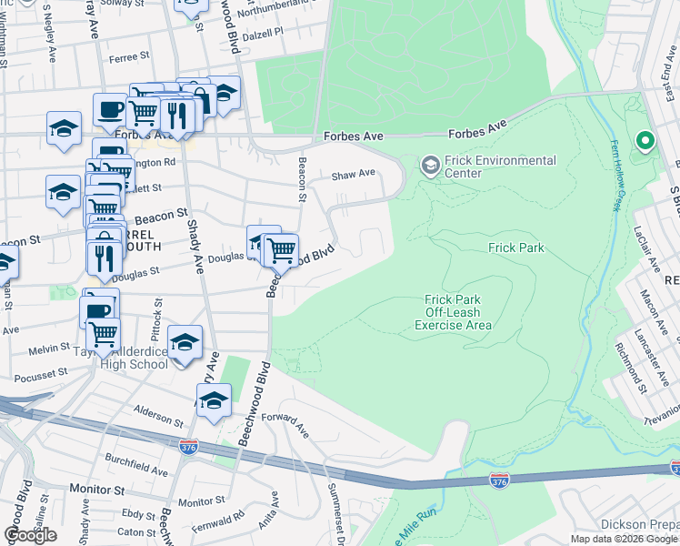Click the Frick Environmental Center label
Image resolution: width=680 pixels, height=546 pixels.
500,167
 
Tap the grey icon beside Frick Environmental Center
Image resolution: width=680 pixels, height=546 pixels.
429,167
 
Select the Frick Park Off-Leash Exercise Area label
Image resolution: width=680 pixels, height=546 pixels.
453,312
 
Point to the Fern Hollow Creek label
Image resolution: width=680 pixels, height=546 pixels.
606,176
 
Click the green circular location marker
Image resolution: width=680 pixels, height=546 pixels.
645,141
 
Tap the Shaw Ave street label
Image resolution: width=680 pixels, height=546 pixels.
353,174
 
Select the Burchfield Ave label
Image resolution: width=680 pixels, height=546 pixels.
135,465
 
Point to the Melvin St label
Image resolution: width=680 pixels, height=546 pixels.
51,348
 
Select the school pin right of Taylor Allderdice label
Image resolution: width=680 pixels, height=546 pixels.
185,343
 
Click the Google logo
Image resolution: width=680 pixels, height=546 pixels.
30,535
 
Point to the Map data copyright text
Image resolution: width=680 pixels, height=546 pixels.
625,539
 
